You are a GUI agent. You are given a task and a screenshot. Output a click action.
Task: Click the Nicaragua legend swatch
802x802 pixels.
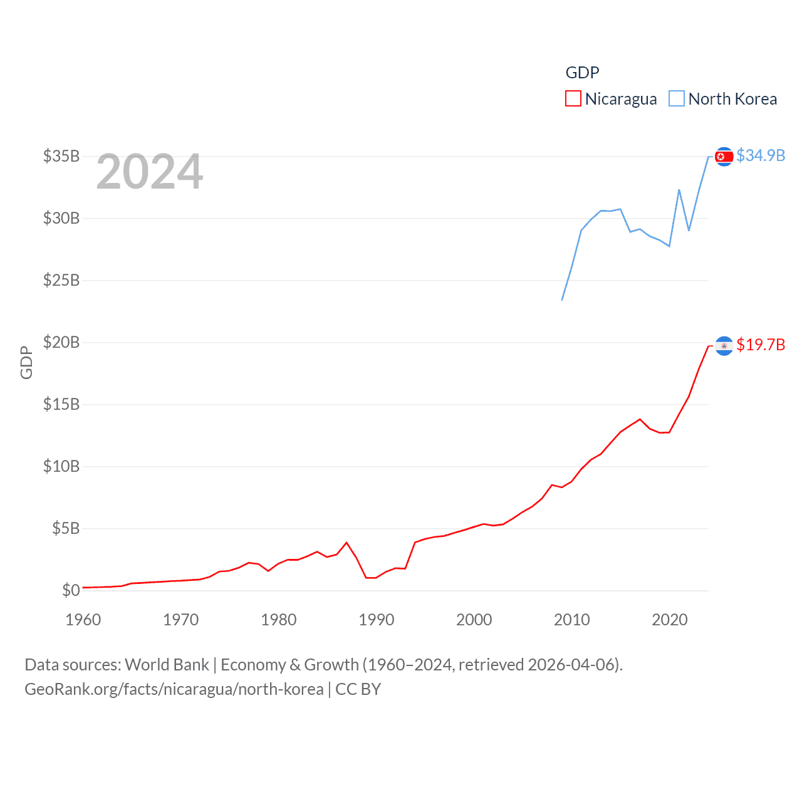[573, 99]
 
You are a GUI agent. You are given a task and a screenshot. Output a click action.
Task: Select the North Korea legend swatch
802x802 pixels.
[677, 99]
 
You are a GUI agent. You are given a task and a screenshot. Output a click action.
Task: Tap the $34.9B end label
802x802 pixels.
[761, 155]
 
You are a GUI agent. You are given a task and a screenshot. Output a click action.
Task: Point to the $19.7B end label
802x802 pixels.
[761, 345]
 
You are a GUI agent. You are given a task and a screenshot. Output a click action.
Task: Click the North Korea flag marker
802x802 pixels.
[724, 157]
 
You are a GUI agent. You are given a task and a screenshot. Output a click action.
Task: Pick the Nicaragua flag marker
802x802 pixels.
[724, 346]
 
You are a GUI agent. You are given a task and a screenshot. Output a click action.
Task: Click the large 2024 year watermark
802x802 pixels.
[150, 172]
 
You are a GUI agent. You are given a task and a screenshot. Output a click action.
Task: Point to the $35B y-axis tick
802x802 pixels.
[61, 156]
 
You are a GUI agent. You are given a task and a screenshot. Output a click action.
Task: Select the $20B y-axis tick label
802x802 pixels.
[61, 342]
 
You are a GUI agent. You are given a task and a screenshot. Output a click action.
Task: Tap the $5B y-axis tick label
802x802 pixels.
[66, 528]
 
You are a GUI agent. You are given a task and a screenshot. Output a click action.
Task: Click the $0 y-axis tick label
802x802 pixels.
[71, 590]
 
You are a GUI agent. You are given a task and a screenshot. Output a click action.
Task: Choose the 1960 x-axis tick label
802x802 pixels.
[83, 620]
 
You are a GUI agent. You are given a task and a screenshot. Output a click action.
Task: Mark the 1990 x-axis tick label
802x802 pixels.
[377, 620]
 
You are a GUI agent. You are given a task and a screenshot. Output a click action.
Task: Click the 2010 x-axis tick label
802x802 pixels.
[572, 620]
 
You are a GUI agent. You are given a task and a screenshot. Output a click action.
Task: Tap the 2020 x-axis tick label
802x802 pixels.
[670, 620]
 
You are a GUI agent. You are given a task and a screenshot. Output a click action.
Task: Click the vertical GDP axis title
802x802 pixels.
[26, 362]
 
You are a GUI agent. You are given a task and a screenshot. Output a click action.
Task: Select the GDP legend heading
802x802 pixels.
[583, 73]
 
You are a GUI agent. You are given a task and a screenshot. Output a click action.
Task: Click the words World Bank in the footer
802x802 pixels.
[167, 665]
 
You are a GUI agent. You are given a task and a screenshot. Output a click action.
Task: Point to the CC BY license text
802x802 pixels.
[358, 689]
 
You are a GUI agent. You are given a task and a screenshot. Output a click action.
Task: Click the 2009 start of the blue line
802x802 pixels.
[562, 300]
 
